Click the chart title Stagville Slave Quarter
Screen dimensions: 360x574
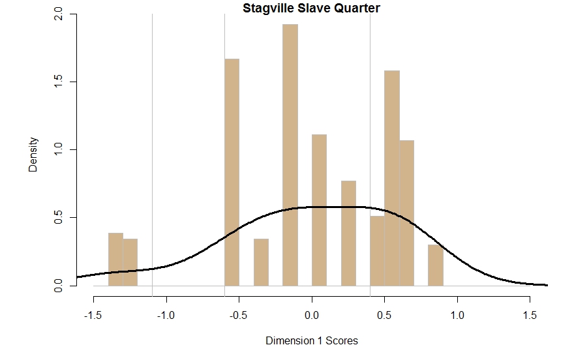click(x=311, y=8)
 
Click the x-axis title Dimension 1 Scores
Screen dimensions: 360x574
click(x=312, y=340)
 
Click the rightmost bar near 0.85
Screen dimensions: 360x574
click(x=436, y=265)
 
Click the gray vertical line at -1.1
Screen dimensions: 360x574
click(x=152, y=130)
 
